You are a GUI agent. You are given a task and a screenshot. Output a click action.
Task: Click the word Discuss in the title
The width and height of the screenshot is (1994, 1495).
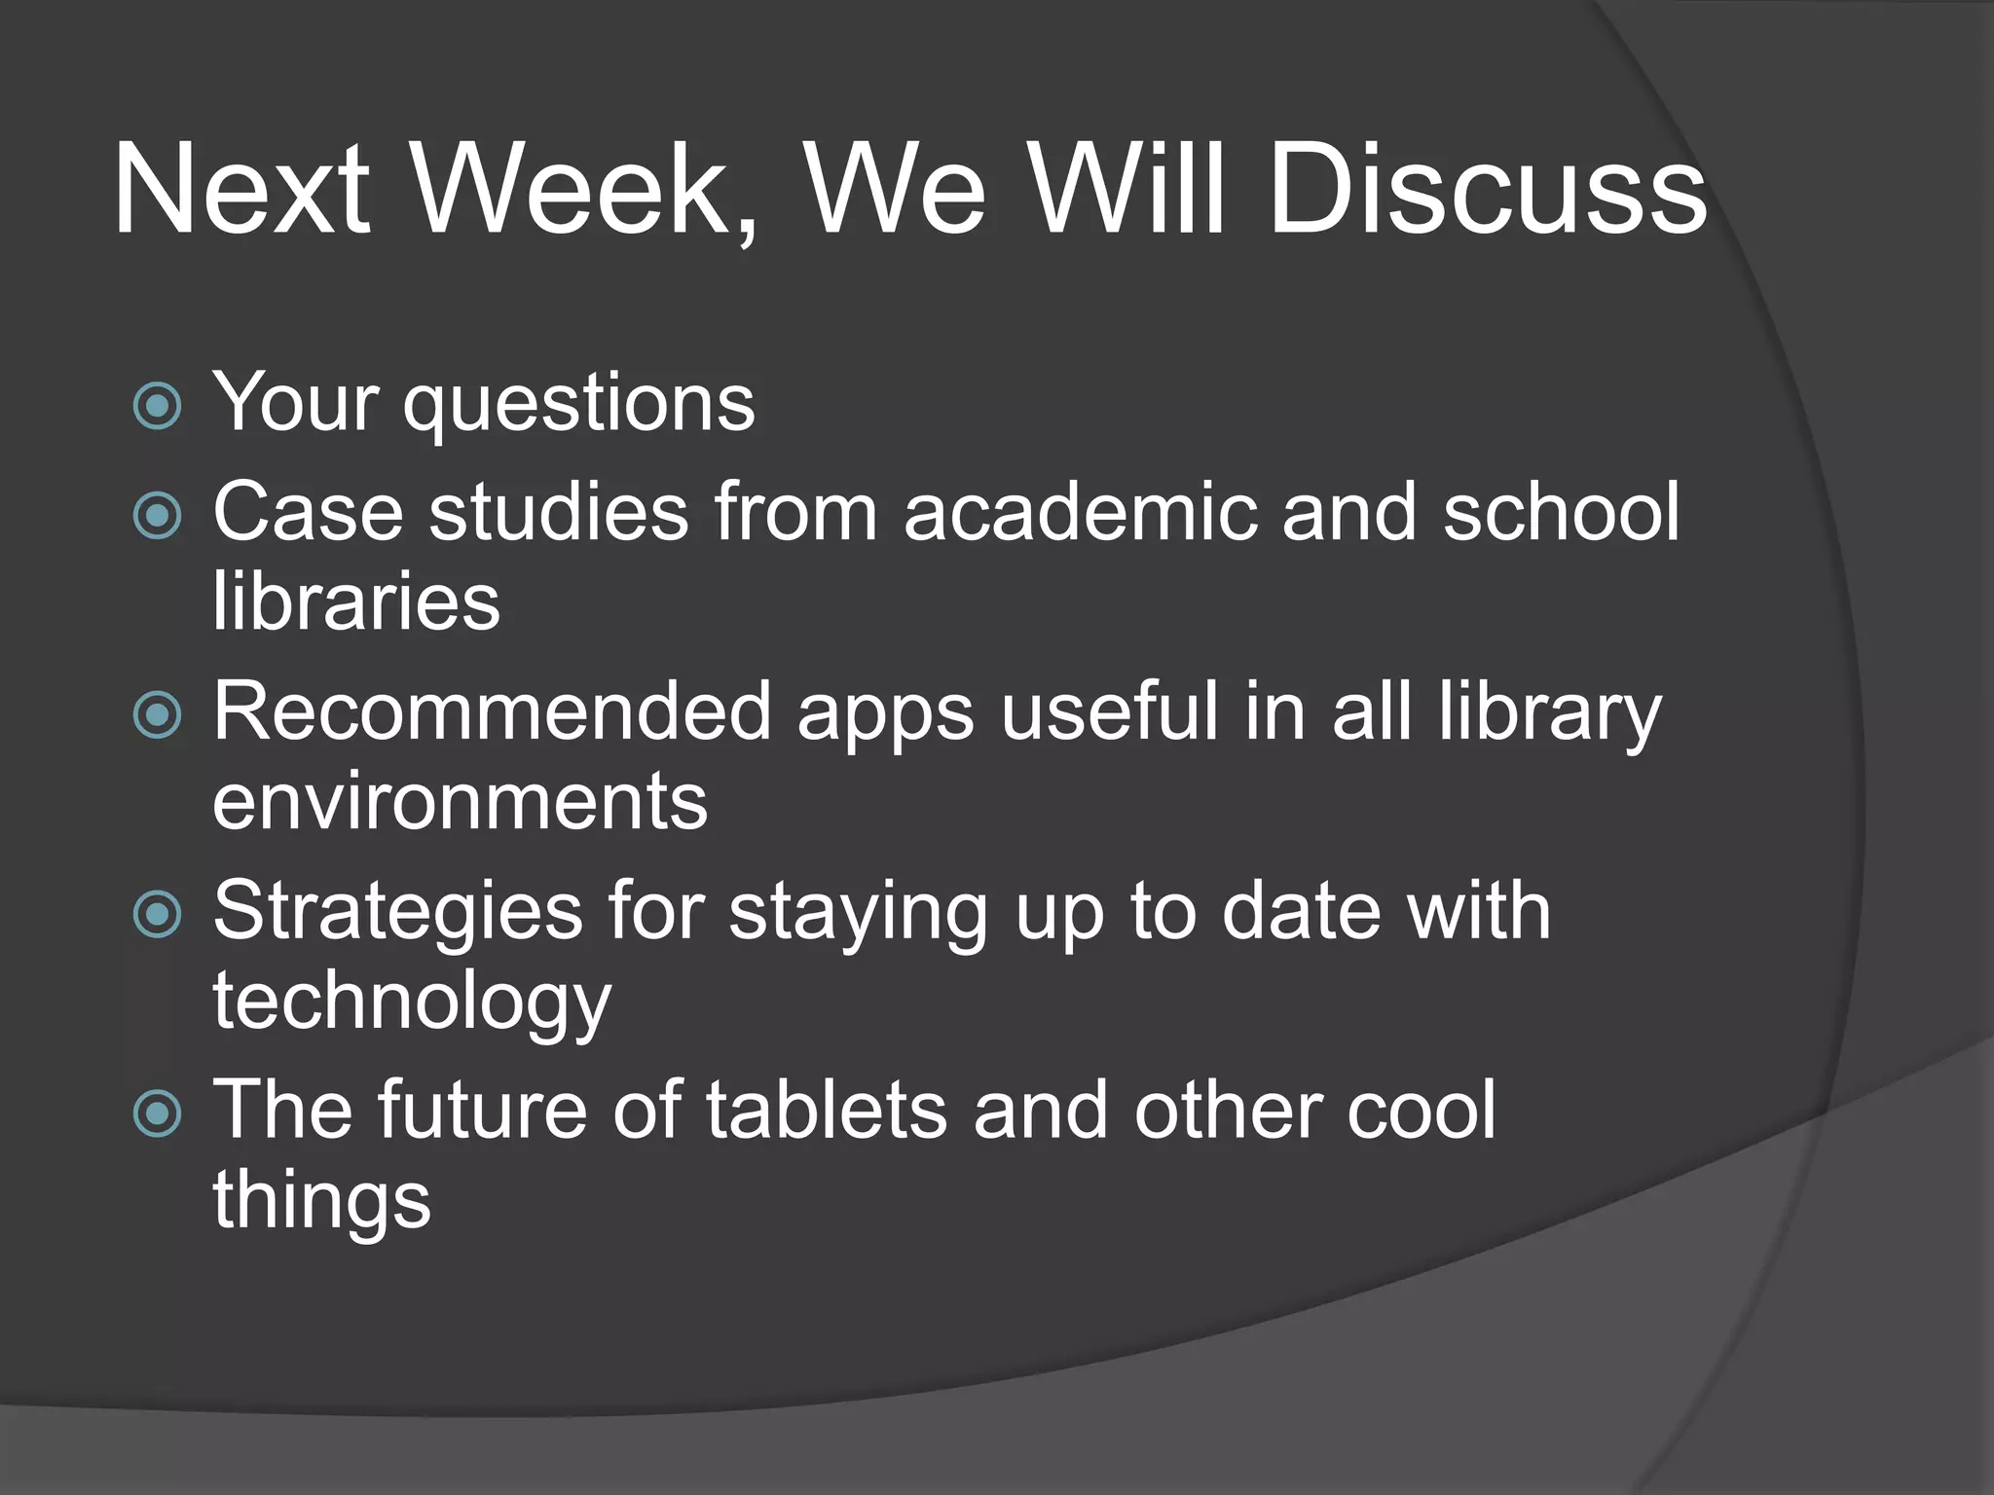[1488, 190]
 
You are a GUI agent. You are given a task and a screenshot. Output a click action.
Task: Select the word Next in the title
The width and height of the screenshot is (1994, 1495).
[241, 190]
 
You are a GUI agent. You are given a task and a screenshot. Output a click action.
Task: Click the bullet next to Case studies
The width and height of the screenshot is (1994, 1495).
[158, 515]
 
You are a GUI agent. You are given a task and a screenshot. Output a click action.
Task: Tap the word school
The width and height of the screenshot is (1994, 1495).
[1561, 513]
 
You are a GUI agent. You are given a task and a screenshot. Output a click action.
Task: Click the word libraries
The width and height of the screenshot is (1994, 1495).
[356, 602]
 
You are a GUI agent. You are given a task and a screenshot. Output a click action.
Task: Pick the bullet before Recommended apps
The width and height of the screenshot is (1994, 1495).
[158, 715]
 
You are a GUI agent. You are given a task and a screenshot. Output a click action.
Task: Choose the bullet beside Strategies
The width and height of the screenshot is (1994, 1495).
[158, 914]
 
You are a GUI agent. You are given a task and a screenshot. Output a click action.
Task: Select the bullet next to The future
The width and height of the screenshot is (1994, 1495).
[158, 1113]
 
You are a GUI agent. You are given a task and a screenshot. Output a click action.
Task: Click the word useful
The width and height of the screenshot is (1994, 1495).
[1110, 712]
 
